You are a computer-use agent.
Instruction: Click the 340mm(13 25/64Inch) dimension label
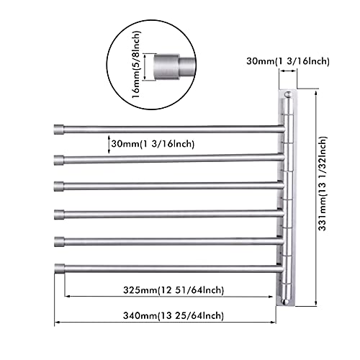[174, 315]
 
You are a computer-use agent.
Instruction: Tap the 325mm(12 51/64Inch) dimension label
[174, 290]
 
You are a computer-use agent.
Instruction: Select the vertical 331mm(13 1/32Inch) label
[323, 184]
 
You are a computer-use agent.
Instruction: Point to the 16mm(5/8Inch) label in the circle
[136, 64]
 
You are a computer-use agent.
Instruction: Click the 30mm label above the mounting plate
[288, 61]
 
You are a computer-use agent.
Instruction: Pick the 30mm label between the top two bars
[153, 144]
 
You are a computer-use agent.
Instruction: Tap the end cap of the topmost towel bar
[59, 129]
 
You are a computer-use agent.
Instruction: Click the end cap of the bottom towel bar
[60, 269]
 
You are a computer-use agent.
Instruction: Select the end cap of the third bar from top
[59, 186]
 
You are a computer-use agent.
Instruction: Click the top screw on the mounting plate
[288, 94]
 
